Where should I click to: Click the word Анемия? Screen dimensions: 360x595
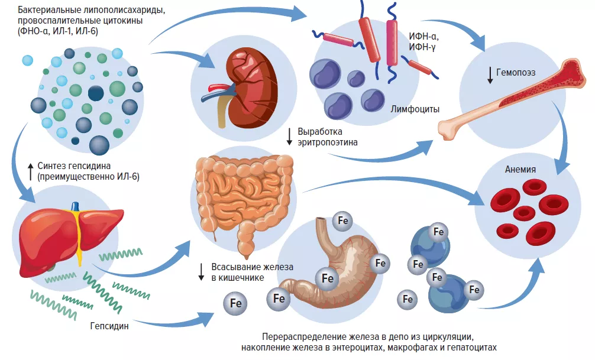[520, 169]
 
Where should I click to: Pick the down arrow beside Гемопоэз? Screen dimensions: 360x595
[490, 74]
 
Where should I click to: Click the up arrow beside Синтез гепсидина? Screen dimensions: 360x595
[30, 171]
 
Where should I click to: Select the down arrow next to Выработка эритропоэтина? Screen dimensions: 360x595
[289, 137]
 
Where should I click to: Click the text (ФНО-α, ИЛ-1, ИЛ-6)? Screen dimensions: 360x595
[58, 31]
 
